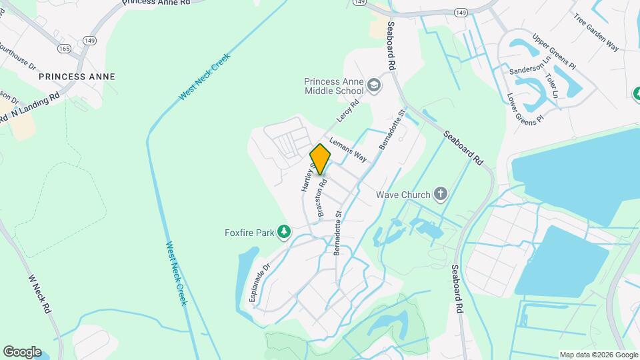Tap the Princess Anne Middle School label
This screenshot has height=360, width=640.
click(x=334, y=86)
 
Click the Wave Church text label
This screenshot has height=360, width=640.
click(x=400, y=195)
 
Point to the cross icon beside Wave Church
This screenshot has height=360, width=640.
click(x=440, y=195)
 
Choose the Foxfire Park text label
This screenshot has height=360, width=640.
click(x=249, y=233)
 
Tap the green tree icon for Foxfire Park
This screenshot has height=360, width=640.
click(x=285, y=231)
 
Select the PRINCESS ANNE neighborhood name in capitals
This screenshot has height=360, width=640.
click(x=77, y=77)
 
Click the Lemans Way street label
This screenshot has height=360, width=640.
click(x=349, y=150)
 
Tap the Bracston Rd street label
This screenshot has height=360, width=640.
click(x=323, y=198)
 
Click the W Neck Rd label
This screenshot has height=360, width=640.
click(x=39, y=294)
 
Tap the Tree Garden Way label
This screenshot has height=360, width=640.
click(x=596, y=31)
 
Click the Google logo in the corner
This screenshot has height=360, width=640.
click(x=22, y=351)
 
